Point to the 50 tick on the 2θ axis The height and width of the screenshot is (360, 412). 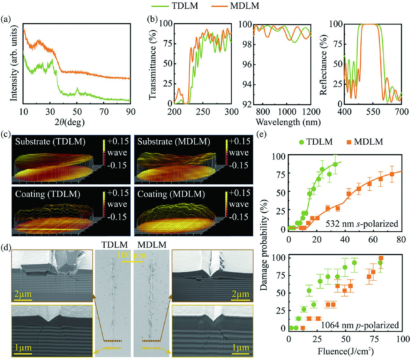77,112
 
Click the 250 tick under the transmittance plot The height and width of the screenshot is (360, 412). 203,112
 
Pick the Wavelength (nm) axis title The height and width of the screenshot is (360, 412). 288,122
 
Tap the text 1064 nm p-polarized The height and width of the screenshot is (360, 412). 360,325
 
